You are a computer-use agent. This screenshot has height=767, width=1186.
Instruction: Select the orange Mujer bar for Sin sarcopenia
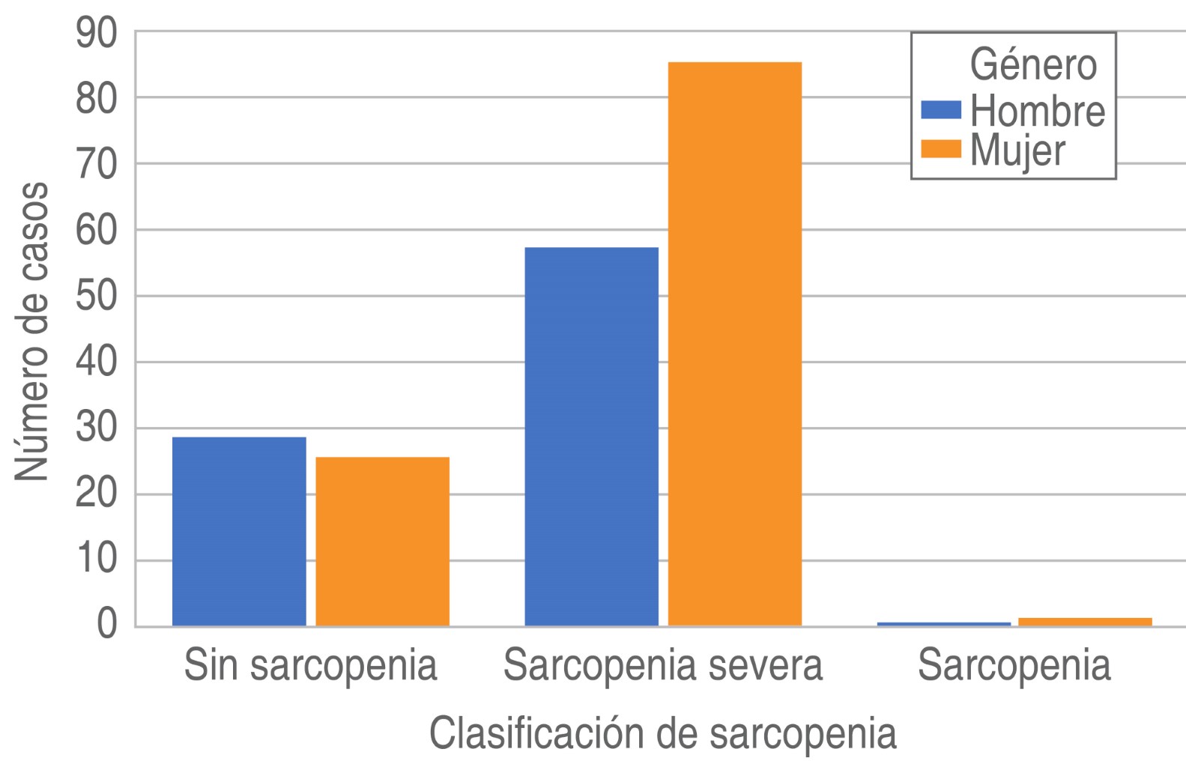click(382, 541)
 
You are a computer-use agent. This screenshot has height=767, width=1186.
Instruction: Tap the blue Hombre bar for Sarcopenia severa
click(591, 436)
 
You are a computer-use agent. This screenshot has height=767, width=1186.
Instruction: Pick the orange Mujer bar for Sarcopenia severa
click(734, 344)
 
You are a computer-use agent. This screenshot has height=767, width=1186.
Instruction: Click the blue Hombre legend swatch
click(940, 111)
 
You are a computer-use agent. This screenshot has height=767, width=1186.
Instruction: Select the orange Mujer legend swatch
click(940, 151)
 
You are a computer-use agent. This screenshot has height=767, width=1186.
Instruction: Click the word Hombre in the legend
click(1037, 111)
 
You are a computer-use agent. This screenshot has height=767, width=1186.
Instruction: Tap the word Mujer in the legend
click(1017, 151)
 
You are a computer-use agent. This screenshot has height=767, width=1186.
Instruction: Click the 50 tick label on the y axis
click(97, 297)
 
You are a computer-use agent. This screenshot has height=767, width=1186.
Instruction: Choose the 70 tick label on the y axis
click(97, 165)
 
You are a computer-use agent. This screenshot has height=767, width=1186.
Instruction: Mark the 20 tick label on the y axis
click(97, 494)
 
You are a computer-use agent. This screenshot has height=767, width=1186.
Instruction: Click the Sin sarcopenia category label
click(310, 666)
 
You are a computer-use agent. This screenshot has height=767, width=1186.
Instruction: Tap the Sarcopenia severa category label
click(663, 666)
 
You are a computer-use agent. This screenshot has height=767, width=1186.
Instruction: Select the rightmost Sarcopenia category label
click(1014, 666)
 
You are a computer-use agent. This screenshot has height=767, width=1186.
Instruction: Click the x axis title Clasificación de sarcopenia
click(662, 733)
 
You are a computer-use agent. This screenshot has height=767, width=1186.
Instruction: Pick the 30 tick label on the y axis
click(97, 428)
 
